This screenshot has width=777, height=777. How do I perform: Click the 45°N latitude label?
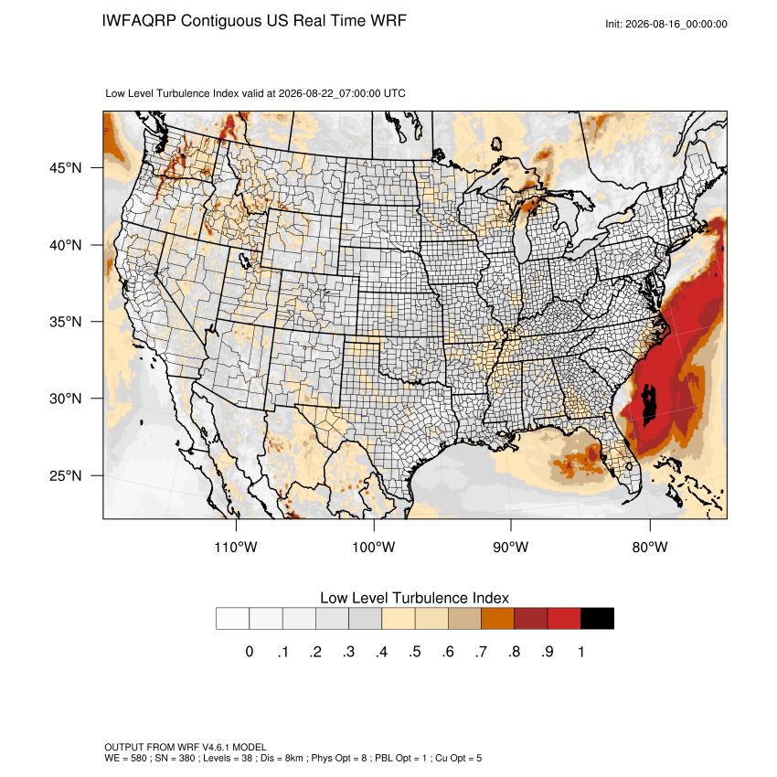pyautogui.click(x=66, y=168)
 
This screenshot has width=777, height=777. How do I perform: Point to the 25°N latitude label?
pyautogui.click(x=66, y=475)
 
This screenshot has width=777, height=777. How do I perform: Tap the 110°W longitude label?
pyautogui.click(x=236, y=547)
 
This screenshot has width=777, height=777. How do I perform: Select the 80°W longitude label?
pyautogui.click(x=650, y=547)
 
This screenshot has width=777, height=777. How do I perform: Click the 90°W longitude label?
pyautogui.click(x=510, y=547)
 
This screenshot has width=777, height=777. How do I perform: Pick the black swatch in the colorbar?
pyautogui.click(x=597, y=619)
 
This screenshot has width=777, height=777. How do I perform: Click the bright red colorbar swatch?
pyautogui.click(x=564, y=619)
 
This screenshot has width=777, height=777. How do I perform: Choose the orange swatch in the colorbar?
pyautogui.click(x=497, y=619)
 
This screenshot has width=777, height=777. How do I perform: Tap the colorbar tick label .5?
pyautogui.click(x=415, y=652)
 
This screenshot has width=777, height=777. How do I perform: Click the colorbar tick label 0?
pyautogui.click(x=250, y=652)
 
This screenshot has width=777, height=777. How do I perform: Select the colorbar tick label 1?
pyautogui.click(x=580, y=652)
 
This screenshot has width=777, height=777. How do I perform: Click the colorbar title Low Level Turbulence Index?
pyautogui.click(x=414, y=598)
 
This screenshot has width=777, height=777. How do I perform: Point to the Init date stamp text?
pyautogui.click(x=666, y=24)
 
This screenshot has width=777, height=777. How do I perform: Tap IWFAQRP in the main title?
pyautogui.click(x=139, y=21)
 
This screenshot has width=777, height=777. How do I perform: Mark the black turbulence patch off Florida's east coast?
pyautogui.click(x=649, y=405)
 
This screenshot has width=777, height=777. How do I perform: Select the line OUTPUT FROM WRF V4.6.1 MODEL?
pyautogui.click(x=186, y=747)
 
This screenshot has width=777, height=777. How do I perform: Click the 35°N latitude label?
pyautogui.click(x=66, y=322)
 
